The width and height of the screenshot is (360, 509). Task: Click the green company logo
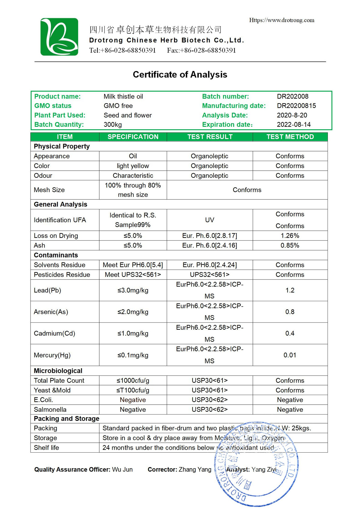click(59, 37)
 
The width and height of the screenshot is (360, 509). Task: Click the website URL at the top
click(282, 20)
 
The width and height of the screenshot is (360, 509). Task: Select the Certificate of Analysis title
click(180, 74)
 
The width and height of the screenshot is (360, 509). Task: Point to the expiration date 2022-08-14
click(294, 124)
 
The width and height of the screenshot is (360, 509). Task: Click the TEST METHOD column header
click(290, 137)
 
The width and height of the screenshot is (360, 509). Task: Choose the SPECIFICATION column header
click(133, 137)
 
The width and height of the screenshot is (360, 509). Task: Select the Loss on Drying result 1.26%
click(290, 236)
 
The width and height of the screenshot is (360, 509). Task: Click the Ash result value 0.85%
click(290, 245)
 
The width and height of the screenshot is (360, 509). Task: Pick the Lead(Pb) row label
click(47, 290)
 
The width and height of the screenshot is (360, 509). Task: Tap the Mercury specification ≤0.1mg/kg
click(133, 355)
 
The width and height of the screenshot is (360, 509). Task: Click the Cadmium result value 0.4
click(290, 333)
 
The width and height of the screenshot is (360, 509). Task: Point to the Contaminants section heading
click(56, 255)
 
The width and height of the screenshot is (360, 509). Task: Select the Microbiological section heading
click(58, 371)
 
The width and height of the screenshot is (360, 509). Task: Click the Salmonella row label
click(50, 409)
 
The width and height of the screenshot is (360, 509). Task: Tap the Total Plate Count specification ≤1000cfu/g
click(133, 381)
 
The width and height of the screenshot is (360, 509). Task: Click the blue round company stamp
click(256, 465)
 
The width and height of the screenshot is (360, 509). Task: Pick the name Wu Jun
click(122, 469)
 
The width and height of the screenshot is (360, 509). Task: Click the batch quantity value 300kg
click(113, 124)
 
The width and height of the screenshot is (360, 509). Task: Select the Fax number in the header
click(201, 50)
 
